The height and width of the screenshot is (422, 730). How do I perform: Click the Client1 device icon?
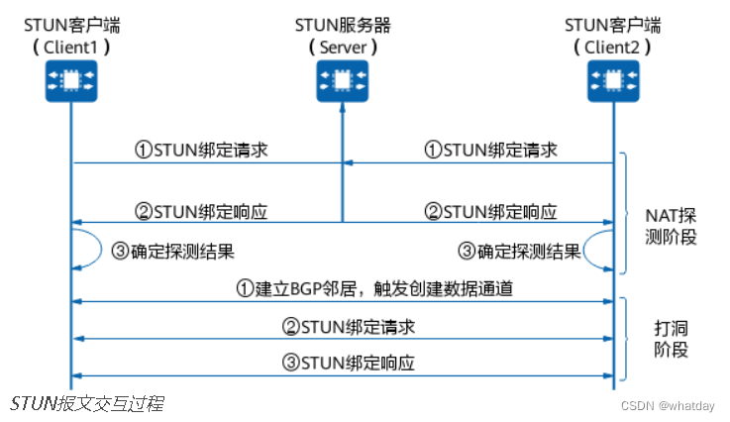[x=70, y=79]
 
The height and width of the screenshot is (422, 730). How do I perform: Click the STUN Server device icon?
[x=342, y=79]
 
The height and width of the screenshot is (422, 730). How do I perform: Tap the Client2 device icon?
[x=613, y=79]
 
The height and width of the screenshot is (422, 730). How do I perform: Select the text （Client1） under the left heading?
[x=70, y=46]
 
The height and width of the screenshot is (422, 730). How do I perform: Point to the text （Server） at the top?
[x=342, y=46]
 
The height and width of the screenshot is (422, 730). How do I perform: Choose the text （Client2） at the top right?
[x=613, y=46]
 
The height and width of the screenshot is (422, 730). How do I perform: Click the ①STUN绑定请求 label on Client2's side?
[x=491, y=151]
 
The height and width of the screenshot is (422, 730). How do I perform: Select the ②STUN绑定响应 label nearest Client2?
[x=491, y=211]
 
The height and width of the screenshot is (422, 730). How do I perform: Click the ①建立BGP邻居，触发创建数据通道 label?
[x=342, y=288]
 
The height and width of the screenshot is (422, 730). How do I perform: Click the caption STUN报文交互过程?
[x=87, y=404]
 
